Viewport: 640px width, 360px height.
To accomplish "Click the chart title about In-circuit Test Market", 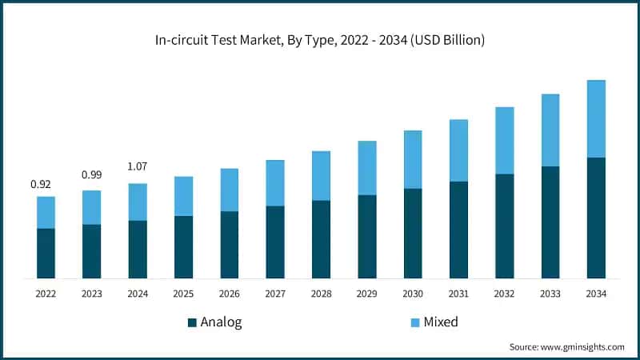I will coord(320,39).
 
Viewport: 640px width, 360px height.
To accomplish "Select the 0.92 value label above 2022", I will coord(41,185).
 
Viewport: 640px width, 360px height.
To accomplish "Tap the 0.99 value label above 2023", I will coord(92,174).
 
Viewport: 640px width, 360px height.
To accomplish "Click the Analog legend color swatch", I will coord(192,322).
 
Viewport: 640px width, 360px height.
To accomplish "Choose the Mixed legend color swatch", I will coord(414,322).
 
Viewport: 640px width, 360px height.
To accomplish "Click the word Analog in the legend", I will coord(221,322).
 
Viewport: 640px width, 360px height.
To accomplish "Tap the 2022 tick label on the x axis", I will coord(46,294).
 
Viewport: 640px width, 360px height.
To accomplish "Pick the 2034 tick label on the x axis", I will coord(596,294).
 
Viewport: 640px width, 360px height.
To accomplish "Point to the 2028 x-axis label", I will coord(321,294).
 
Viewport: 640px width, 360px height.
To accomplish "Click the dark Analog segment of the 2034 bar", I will coord(596,218).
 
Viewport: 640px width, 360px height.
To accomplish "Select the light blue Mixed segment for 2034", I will coord(596,118).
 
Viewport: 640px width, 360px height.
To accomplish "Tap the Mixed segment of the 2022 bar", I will coord(46,212).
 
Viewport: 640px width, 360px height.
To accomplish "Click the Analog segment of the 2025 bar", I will coord(183,247).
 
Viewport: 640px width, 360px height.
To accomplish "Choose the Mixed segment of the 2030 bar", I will coord(413,159).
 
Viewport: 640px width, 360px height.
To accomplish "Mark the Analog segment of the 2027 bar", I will coord(275,242).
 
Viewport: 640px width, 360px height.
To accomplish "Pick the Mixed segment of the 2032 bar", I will coord(504,140).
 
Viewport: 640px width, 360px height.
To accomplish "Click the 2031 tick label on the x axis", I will coord(458,294).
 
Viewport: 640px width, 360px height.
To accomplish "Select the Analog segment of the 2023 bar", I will coord(92,251).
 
